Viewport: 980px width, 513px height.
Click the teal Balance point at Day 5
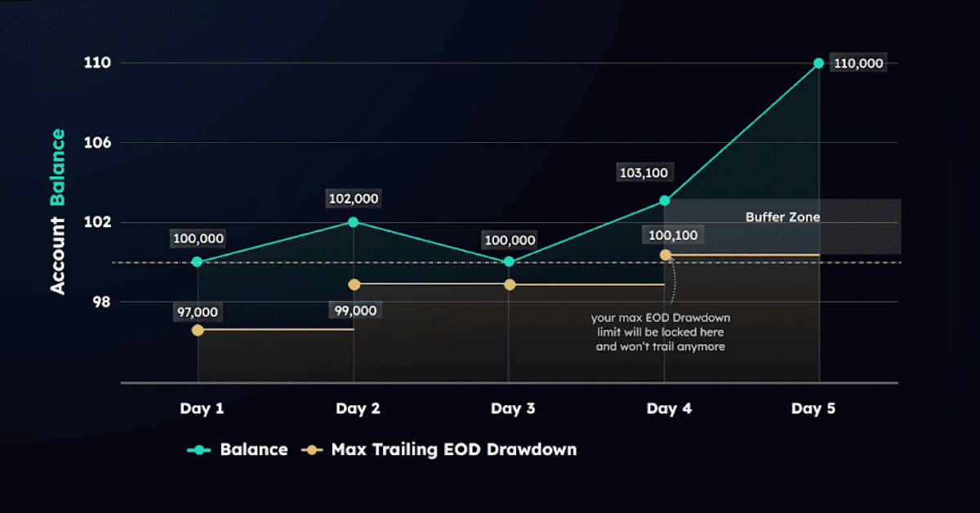point(818,63)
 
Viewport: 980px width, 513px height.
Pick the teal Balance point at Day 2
point(353,221)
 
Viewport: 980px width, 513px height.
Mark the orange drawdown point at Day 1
point(198,330)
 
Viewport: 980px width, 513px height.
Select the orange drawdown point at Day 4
point(665,255)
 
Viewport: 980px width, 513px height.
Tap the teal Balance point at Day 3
point(509,261)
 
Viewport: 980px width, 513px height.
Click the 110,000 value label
point(858,64)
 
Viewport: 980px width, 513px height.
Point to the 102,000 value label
point(354,199)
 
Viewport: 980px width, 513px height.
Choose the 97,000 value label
point(198,311)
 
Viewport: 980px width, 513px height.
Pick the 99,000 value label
point(354,310)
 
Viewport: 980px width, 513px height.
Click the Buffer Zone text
point(782,217)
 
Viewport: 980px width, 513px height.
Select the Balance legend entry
point(238,449)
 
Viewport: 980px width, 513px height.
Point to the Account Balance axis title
point(58,210)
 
